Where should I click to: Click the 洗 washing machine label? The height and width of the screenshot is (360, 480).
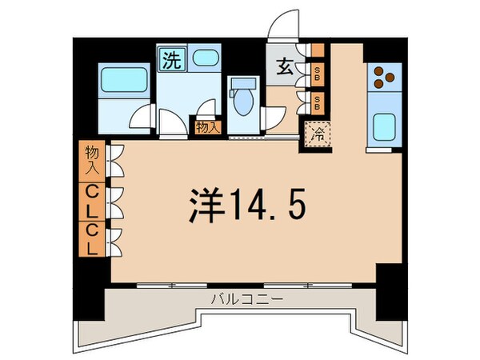tap(170, 58)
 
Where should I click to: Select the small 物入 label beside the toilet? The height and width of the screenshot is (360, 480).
tap(206, 126)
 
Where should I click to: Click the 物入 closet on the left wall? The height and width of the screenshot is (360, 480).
tap(93, 160)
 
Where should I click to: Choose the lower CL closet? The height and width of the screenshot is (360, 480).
tap(93, 239)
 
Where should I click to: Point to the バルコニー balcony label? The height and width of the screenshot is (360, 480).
tap(240, 301)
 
